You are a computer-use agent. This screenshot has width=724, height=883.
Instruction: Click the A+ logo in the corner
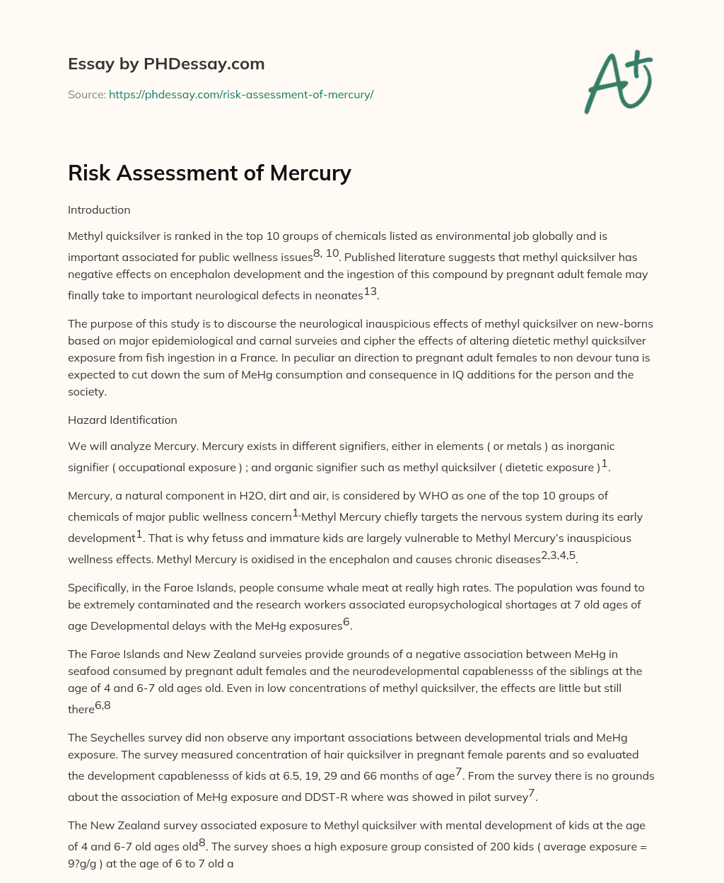coord(618,82)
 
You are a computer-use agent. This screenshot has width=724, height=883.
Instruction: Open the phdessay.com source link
coord(240,94)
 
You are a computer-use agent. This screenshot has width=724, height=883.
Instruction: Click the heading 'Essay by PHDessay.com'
coord(166,64)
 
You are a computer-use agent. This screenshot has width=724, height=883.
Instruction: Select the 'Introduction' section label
coord(99,210)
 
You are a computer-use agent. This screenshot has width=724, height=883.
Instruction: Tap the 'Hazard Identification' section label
coord(122,420)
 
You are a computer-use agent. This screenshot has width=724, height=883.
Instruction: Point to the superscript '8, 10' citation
coord(326,254)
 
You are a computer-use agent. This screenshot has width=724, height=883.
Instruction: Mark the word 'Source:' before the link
coord(86,94)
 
